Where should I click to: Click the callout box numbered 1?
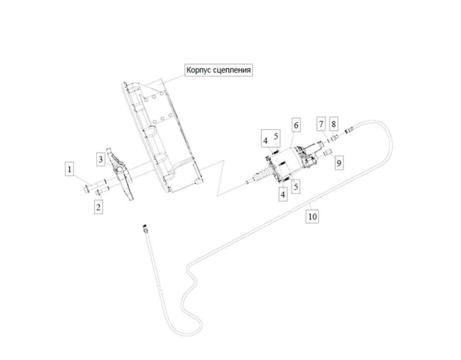pos(70,169)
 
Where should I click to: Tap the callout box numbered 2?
pos(98,207)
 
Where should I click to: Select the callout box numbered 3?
pos(100,159)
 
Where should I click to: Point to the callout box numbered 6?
pos(296,125)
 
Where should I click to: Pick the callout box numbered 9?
pos(339,163)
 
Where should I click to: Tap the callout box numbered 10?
pos(312,217)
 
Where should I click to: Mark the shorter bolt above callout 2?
pos(103,190)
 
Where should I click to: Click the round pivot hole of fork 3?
pos(119,169)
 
